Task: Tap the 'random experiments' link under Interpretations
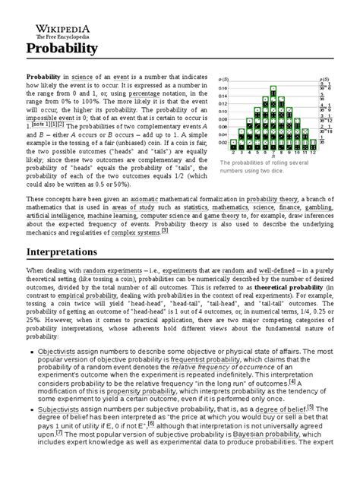click(110, 270)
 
